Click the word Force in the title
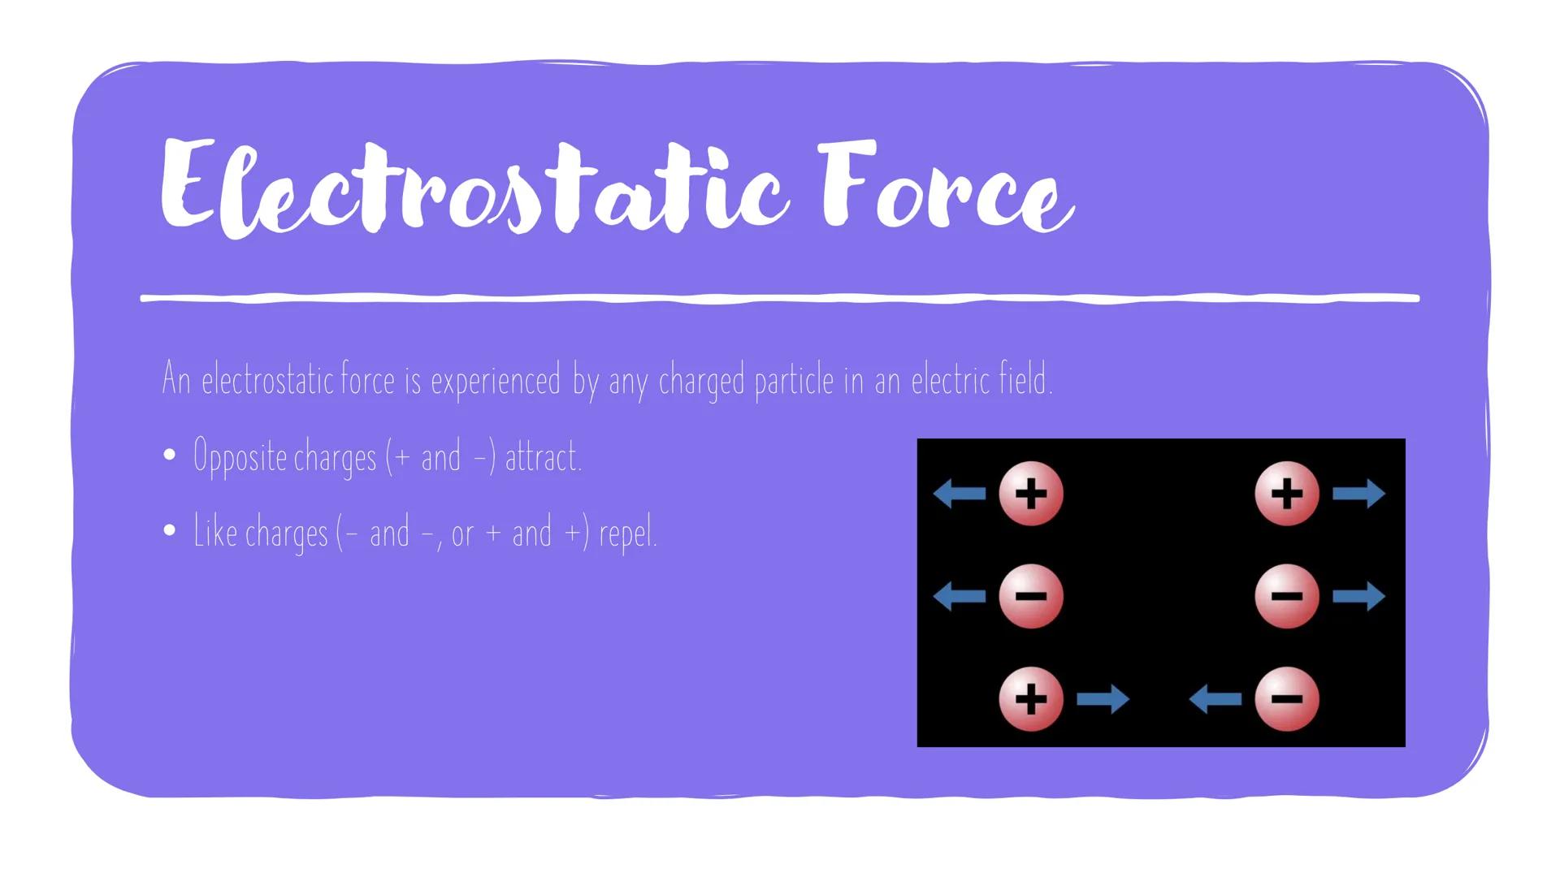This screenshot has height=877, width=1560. coord(947,187)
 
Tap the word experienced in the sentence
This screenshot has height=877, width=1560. coord(496,381)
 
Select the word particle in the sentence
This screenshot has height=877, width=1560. coord(794,381)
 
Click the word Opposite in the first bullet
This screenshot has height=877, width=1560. coord(240,457)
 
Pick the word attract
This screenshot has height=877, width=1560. coord(543,456)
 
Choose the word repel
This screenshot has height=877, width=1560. coord(627,534)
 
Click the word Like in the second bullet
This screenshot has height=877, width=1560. coord(214,532)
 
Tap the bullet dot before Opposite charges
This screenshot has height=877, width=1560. coord(169,456)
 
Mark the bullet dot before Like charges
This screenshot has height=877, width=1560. coord(169,531)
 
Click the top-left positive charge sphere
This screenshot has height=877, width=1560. coord(1030,494)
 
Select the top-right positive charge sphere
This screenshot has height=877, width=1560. coord(1286,494)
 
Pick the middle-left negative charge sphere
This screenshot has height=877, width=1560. coord(1030,597)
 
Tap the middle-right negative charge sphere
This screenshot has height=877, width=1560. coord(1286,597)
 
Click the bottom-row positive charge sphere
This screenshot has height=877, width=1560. coord(1030,699)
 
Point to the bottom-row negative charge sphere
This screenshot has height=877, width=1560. coord(1286,699)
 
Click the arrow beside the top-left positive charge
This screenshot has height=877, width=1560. coord(960,493)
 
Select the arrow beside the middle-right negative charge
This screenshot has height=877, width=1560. coord(1358,596)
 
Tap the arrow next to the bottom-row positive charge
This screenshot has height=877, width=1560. coord(1103,698)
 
